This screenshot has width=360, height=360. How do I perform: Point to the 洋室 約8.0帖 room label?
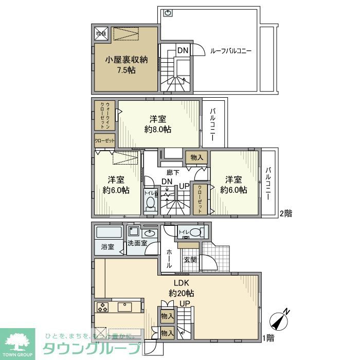pyautogui.click(x=158, y=123)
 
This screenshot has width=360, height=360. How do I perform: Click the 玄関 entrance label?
pyautogui.click(x=190, y=260)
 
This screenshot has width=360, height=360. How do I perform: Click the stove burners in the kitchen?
pyautogui.click(x=102, y=308)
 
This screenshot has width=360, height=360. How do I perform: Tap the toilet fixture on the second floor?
pyautogui.click(x=150, y=203)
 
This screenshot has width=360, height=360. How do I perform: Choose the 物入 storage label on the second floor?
pyautogui.click(x=196, y=157)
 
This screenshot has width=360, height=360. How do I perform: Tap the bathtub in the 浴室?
pyautogui.click(x=108, y=232)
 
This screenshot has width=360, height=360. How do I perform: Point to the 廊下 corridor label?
pyautogui.click(x=173, y=173)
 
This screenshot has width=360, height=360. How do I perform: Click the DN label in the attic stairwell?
pyautogui.click(x=183, y=50)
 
